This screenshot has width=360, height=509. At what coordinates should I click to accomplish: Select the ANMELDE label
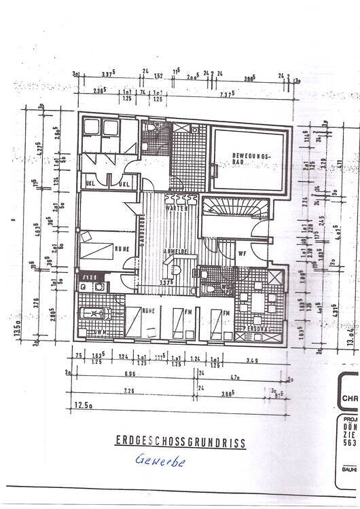174,251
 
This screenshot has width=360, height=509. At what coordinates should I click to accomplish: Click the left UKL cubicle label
90,185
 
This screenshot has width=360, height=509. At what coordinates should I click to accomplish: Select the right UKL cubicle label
124,185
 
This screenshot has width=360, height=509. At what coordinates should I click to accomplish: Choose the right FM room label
226,313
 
